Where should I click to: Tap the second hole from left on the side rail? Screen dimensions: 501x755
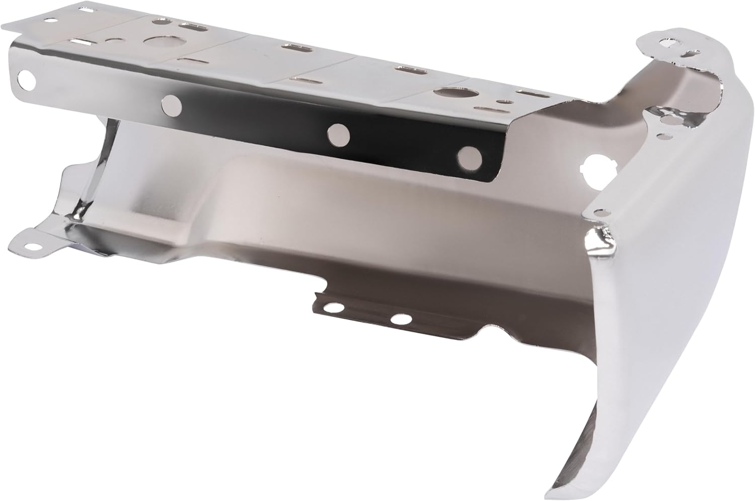pyautogui.click(x=171, y=105)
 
